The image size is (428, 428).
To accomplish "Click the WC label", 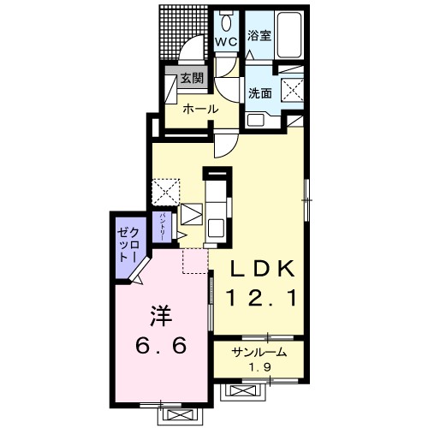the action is click(226, 42).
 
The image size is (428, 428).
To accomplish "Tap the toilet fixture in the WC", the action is click(227, 21).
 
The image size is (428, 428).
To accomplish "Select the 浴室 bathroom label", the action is click(259, 35).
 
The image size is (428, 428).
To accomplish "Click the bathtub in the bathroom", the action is click(289, 35).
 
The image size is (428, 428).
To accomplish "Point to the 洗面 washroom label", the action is click(259, 93).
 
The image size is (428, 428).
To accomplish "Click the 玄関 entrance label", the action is click(193, 78).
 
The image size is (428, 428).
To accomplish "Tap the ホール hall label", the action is click(200, 109).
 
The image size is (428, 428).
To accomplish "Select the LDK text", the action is click(263, 269).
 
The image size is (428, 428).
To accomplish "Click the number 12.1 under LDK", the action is click(261, 297).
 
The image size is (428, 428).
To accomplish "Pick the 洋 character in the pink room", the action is click(162, 316).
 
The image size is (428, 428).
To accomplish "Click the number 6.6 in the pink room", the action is click(161, 345).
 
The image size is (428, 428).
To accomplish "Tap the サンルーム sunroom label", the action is click(259, 353).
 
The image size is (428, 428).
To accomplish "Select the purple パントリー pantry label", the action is click(162, 227).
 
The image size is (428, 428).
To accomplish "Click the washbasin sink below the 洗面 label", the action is click(255, 121).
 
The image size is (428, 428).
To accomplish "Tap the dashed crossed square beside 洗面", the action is click(293, 90).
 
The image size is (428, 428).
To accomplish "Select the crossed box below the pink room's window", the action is click(177, 414).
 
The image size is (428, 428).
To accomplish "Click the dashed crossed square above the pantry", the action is click(166, 192).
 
